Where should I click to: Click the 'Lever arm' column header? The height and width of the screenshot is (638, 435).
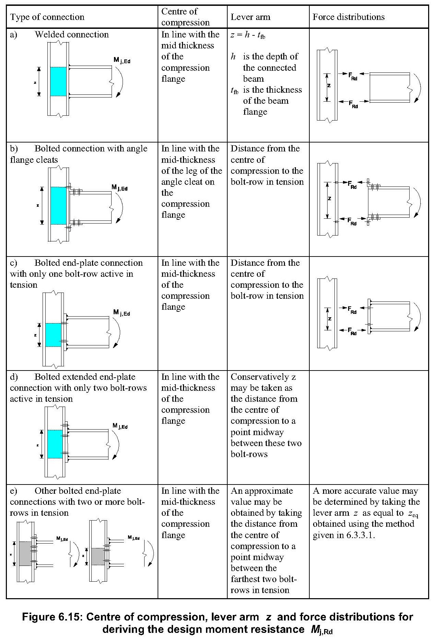pyautogui.click(x=250, y=17)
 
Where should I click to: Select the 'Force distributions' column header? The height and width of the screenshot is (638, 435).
pyautogui.click(x=348, y=17)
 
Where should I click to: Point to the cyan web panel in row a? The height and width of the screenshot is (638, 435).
pyautogui.click(x=58, y=81)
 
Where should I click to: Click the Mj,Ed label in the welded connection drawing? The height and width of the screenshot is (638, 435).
pyautogui.click(x=122, y=60)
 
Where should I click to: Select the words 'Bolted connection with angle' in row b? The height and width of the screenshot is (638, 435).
pyautogui.click(x=91, y=149)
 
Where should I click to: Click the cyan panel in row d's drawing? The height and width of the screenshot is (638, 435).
pyautogui.click(x=55, y=444)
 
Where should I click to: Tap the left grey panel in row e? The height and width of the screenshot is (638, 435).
pyautogui.click(x=25, y=554)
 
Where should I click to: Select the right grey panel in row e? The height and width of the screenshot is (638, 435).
pyautogui.click(x=98, y=556)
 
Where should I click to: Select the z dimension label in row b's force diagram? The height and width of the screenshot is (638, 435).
pyautogui.click(x=329, y=198)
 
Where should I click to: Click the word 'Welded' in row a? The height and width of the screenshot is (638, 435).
pyautogui.click(x=49, y=35)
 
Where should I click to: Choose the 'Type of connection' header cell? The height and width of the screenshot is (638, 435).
pyautogui.click(x=47, y=17)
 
